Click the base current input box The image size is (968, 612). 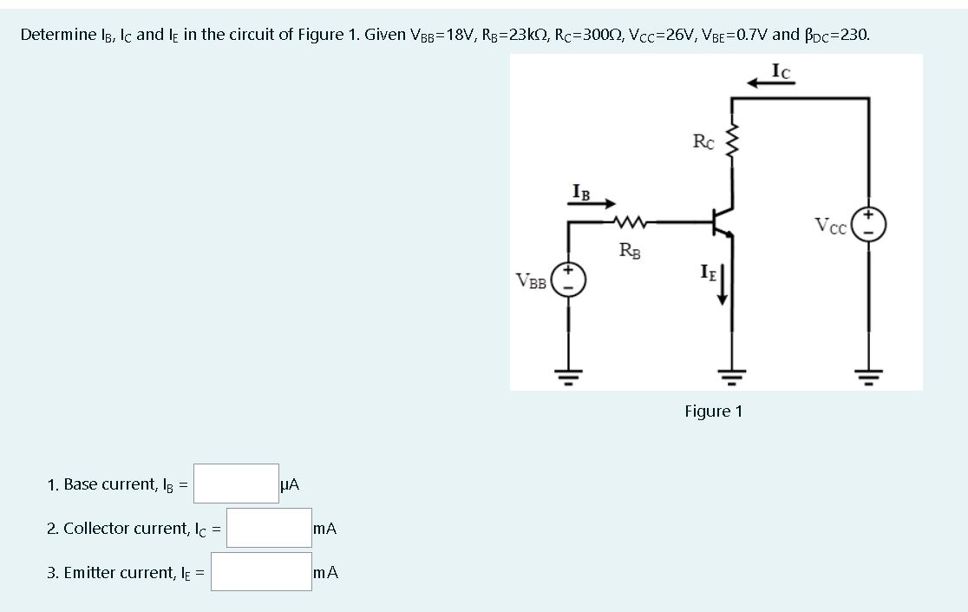(x=235, y=484)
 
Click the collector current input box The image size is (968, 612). (x=268, y=528)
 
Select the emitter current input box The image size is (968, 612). (x=261, y=572)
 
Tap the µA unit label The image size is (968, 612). (x=290, y=484)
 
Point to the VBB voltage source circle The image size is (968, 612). (x=569, y=280)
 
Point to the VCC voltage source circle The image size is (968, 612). (x=867, y=224)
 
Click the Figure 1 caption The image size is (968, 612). (x=713, y=411)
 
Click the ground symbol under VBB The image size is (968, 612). (x=569, y=375)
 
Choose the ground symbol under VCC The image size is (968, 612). (x=867, y=375)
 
